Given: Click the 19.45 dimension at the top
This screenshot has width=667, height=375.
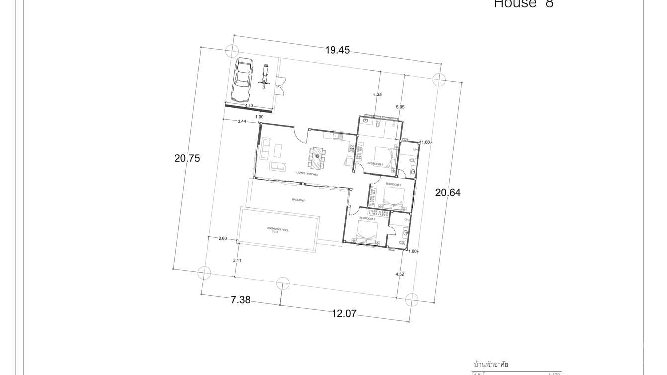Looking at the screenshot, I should pos(338,50).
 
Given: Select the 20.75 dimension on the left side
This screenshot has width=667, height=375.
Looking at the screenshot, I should pos(187,158).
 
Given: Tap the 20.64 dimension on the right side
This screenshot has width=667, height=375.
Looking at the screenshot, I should pos(448,193).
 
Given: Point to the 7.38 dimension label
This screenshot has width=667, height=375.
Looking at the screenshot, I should pos(240,300).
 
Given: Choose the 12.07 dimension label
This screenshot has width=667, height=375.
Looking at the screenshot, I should pos(344,314).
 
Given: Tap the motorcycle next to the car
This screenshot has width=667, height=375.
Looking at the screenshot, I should pos(265,77).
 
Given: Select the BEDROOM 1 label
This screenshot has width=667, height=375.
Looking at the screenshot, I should pos(375,164).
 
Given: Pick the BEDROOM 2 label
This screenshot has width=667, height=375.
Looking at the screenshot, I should pos(393,184).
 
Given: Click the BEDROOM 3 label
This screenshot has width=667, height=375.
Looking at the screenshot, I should pos(367,218).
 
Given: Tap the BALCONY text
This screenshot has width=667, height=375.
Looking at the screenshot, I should pos(298,200).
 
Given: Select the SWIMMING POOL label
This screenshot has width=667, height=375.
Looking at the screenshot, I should pos(278,230).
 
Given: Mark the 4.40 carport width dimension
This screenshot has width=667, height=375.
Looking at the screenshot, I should pos(249,105).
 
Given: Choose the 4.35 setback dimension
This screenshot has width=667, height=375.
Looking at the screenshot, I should pos(377,94).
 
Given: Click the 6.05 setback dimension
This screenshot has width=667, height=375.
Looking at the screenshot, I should pos(400,107).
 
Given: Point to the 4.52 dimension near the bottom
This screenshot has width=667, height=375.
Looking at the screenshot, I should pos(399,274).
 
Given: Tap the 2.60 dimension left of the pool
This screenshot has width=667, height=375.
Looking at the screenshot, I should pos(222,239).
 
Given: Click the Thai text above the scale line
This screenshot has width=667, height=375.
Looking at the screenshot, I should pos(491,365).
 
